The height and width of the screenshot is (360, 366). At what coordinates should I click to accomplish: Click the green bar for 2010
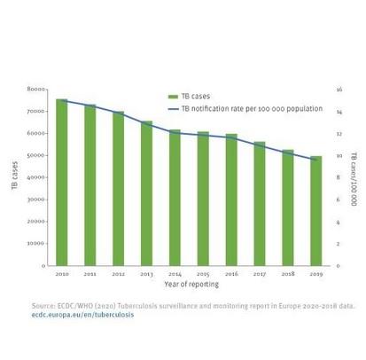(x=62, y=182)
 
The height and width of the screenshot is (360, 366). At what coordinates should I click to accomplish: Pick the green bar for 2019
(x=315, y=211)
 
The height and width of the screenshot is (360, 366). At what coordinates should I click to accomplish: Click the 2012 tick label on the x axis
(x=118, y=275)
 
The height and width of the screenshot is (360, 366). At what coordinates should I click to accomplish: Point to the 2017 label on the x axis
(x=259, y=275)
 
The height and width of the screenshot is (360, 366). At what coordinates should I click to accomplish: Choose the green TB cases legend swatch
(x=174, y=97)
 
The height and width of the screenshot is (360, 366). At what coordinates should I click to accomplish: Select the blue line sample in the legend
(x=174, y=108)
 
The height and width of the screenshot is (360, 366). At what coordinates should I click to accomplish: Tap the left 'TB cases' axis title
(x=15, y=176)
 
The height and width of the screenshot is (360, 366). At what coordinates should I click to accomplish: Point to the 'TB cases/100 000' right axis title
(x=353, y=178)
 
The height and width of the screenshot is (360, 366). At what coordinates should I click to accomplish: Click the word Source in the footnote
(x=44, y=306)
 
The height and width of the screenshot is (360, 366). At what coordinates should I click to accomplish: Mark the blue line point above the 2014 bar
(x=175, y=132)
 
